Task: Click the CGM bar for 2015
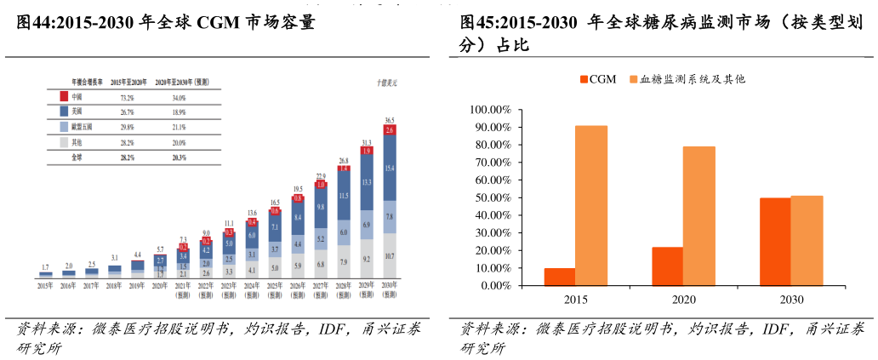560,277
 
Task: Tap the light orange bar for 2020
698,216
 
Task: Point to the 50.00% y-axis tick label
489,198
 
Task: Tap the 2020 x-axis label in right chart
683,300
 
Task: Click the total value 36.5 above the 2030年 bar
390,121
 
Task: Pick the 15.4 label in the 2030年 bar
390,169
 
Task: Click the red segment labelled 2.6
390,130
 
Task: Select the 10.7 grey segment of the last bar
390,255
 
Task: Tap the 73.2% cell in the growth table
130,97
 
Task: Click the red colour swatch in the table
64,97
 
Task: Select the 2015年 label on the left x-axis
45,285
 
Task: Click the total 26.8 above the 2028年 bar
344,160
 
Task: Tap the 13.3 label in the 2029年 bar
367,183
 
